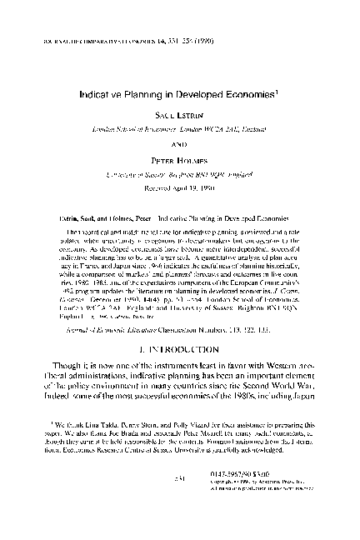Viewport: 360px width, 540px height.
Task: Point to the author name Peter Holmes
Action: click(179, 157)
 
